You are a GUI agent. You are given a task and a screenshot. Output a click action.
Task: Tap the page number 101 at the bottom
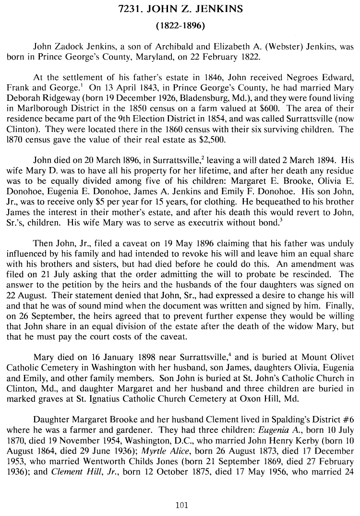181,504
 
